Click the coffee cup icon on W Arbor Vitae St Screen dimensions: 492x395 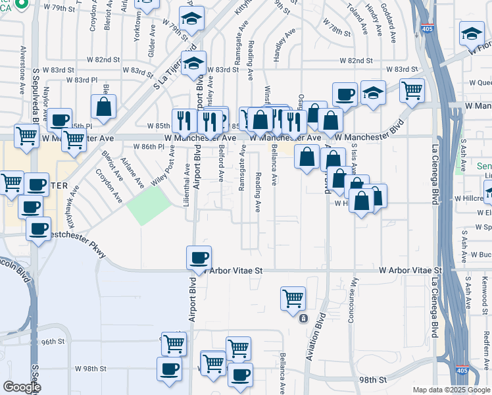click(199, 257)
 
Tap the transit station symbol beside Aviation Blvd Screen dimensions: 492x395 click(303, 319)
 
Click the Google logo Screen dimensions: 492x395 click(22, 387)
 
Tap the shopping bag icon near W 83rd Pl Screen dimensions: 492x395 click(104, 106)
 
